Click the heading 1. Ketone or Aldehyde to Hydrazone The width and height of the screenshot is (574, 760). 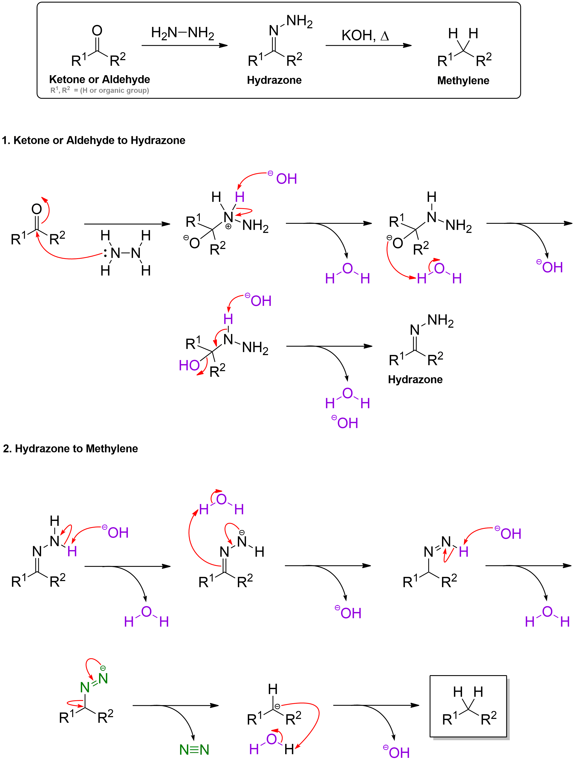point(93,140)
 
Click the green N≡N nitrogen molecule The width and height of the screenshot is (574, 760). point(194,749)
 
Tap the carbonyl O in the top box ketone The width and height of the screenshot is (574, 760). point(97,31)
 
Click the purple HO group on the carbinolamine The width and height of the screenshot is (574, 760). point(189,365)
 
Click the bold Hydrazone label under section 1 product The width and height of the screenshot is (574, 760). point(415,379)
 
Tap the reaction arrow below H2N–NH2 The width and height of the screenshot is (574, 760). point(185,45)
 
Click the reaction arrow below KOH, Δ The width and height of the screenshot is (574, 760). point(369,45)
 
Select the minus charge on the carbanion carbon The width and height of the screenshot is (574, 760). point(277,706)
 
